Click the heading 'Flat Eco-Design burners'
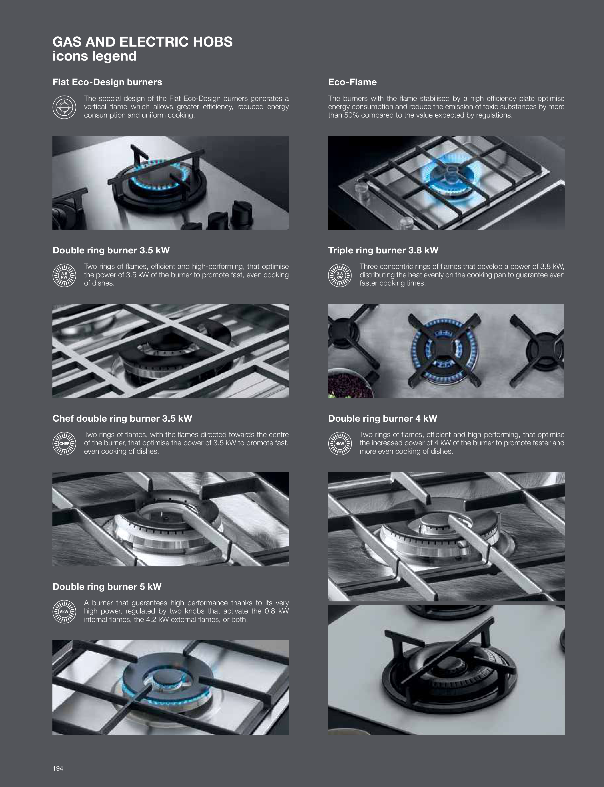[107, 82]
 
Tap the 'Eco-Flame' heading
[352, 82]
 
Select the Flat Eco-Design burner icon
[64, 107]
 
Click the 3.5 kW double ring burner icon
[64, 275]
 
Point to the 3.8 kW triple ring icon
[340, 275]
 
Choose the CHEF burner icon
[64, 443]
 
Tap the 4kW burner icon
[340, 443]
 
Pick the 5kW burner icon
[64, 612]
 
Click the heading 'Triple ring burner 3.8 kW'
[383, 250]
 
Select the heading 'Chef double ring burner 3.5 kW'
[122, 419]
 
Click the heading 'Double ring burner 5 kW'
[107, 587]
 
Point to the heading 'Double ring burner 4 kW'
[382, 419]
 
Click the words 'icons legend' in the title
[94, 56]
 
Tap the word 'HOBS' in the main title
[212, 42]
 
